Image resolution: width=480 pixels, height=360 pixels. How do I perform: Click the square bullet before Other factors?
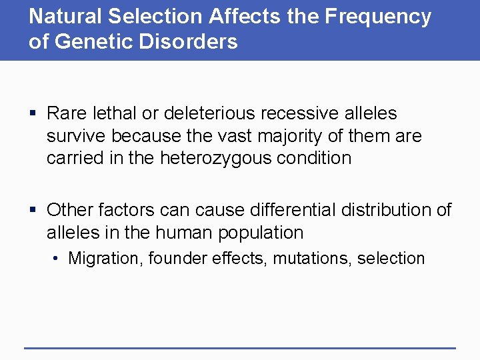33,211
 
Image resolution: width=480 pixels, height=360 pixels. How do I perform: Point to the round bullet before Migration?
58,259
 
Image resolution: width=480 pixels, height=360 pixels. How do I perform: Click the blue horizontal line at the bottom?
240,347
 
